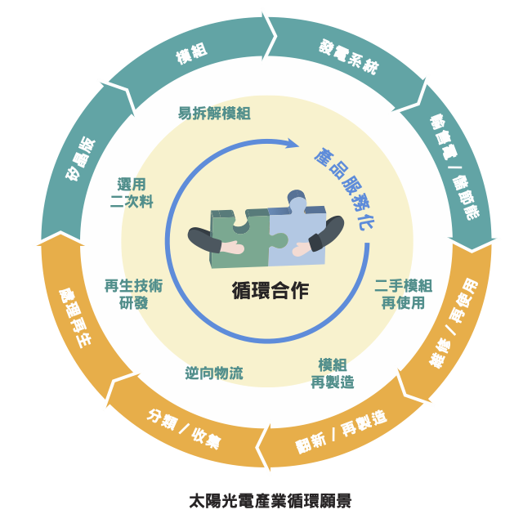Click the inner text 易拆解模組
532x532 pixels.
point(214,114)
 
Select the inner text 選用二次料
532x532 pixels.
point(132,193)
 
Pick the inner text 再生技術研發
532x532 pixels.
point(133,294)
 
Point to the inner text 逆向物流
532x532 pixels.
point(213,373)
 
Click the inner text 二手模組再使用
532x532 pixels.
point(403,294)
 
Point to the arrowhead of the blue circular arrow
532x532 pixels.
point(292,144)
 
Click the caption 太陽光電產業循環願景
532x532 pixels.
point(270,500)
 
